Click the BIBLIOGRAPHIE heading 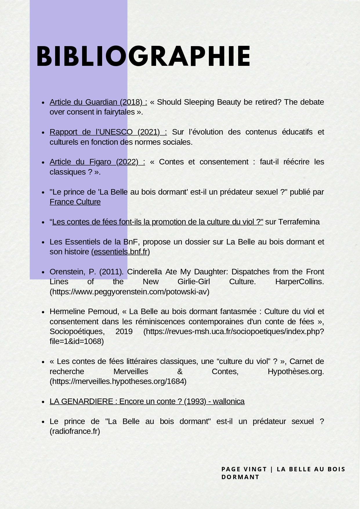tap(143, 57)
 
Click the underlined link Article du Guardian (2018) tap(98, 102)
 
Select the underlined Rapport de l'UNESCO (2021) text tap(108, 132)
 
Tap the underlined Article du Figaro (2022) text tap(97, 162)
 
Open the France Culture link tap(75, 202)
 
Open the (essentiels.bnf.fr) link tap(120, 252)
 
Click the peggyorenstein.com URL tap(129, 292)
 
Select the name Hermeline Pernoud tap(84, 311)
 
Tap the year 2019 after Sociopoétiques tap(124, 332)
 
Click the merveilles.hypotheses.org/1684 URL tap(118, 381)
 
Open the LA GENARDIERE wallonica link tap(147, 401)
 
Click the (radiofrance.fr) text tap(75, 431)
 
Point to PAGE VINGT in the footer tap(244, 469)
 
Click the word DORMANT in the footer tap(240, 477)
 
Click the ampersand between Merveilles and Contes tap(180, 372)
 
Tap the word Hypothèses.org tap(296, 372)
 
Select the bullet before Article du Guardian tap(43, 103)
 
